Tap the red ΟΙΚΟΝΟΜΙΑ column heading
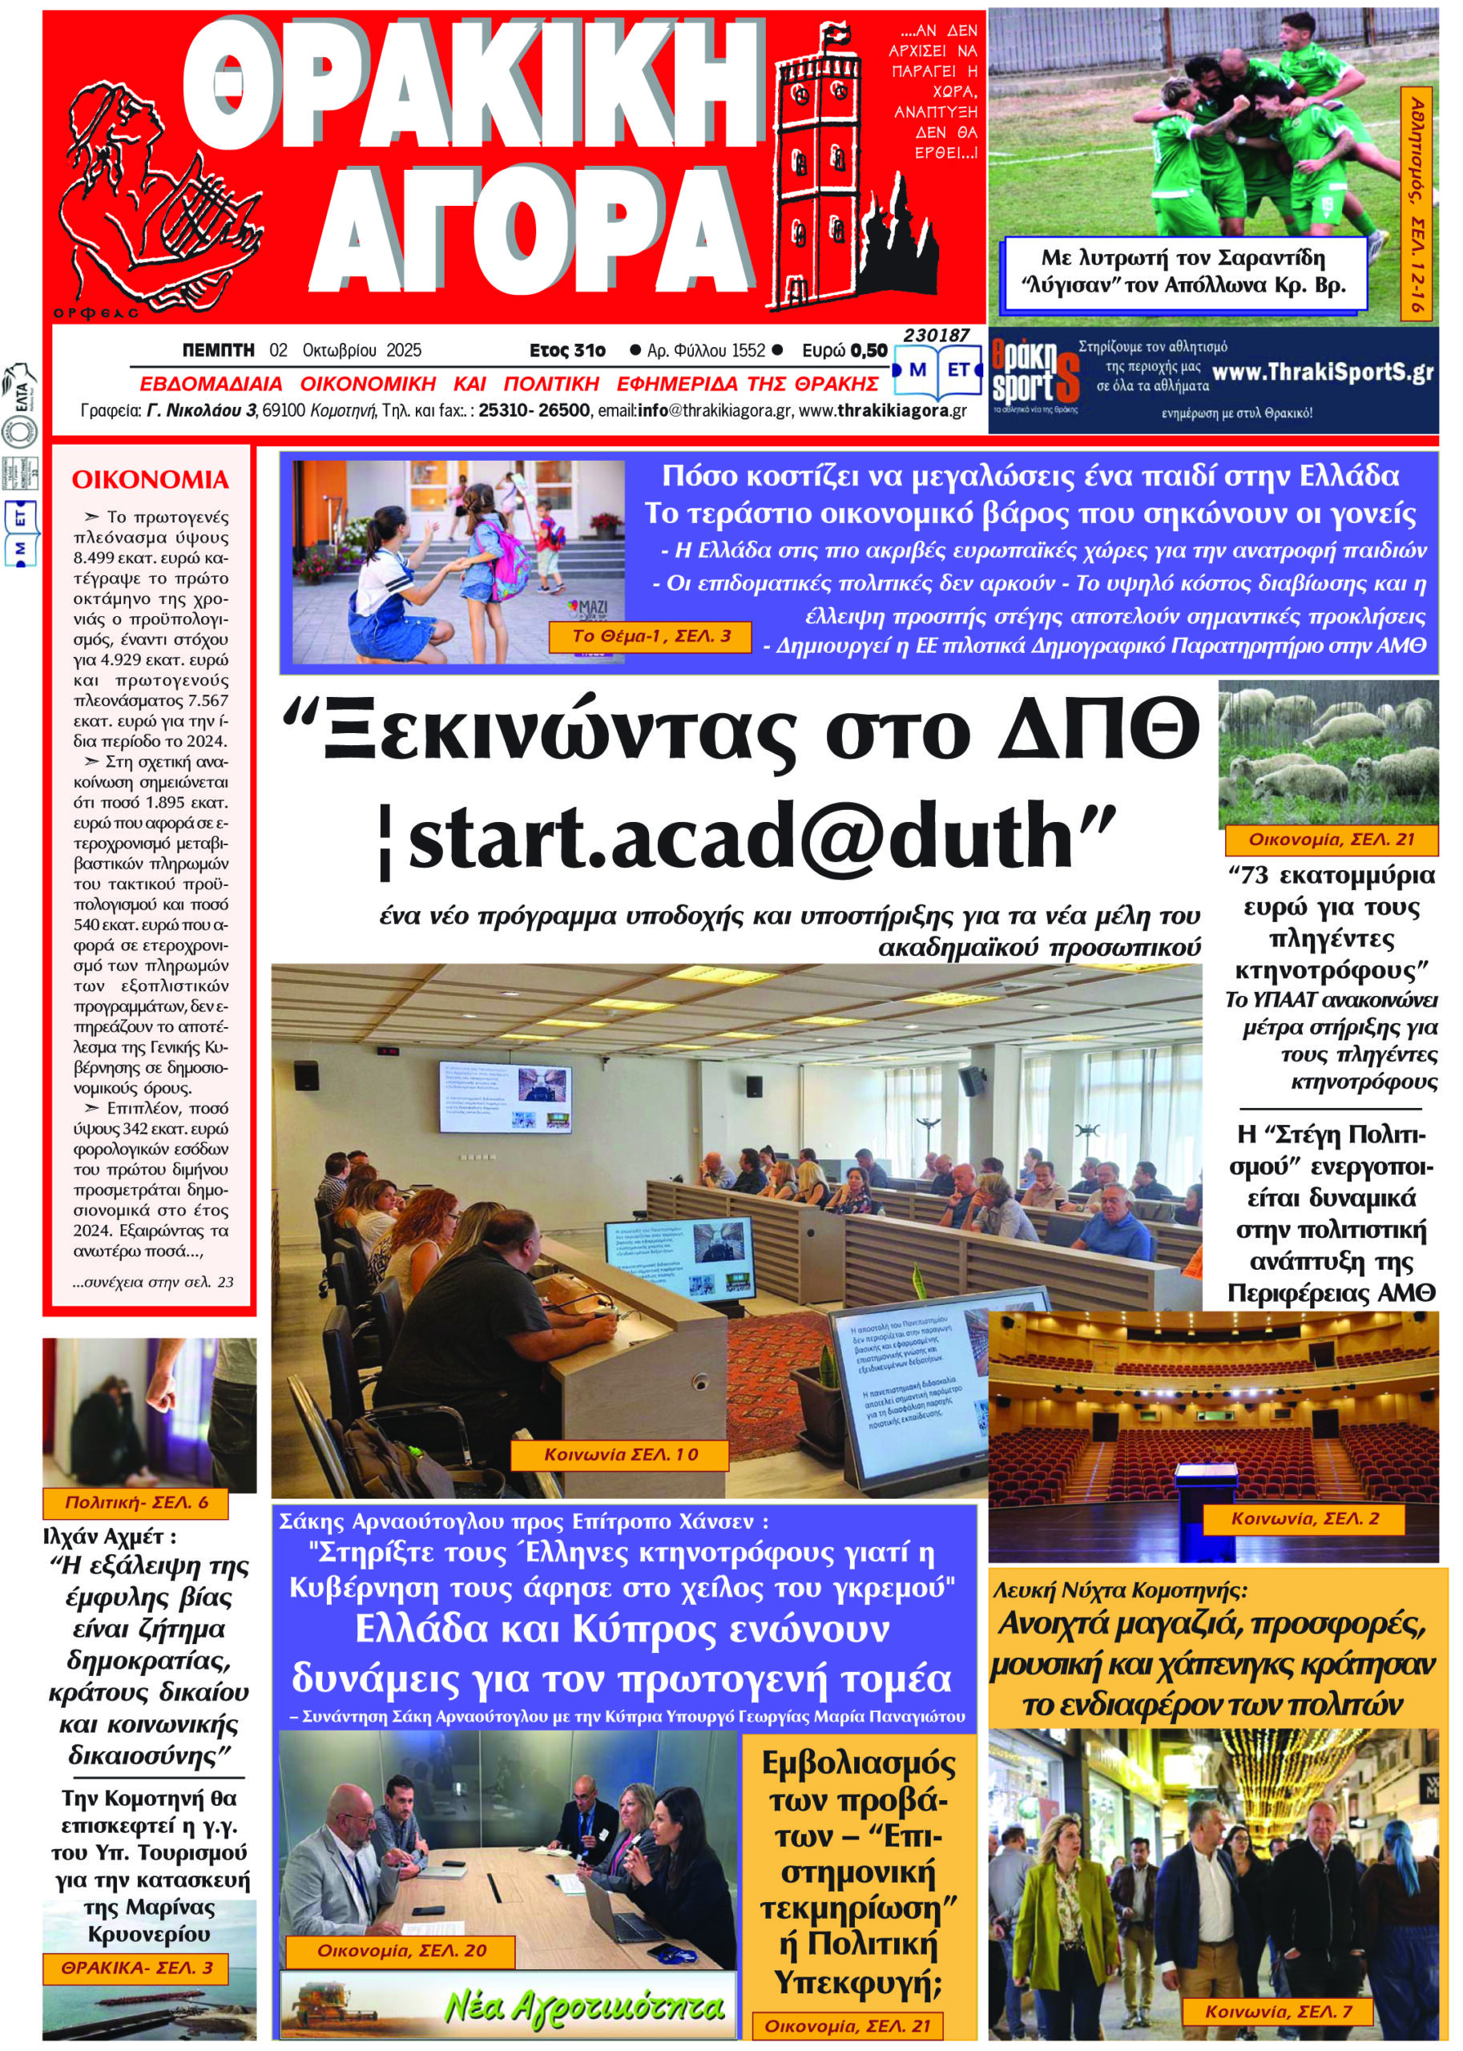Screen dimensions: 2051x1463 pos(150,479)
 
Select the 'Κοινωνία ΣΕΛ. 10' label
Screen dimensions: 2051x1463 pos(620,1455)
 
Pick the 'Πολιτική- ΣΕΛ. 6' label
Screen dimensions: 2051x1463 pos(136,1502)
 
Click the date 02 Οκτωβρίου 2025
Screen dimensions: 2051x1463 pos(345,350)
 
